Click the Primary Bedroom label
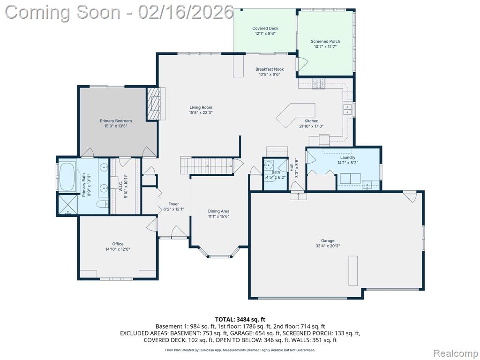tap(116, 121)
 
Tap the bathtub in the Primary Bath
tap(67, 177)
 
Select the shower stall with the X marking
tap(67, 205)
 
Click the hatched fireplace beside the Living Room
tap(154, 104)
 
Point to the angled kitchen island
tap(296, 115)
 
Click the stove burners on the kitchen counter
tap(319, 83)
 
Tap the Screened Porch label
tap(325, 41)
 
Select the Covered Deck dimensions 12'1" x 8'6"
tap(265, 33)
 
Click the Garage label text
tap(328, 240)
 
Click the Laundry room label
tap(348, 157)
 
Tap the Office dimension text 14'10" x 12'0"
tap(118, 249)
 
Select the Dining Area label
tap(218, 211)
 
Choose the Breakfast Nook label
tap(270, 69)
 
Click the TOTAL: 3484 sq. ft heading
tap(240, 320)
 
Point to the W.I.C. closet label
tap(120, 185)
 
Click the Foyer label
tap(173, 204)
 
